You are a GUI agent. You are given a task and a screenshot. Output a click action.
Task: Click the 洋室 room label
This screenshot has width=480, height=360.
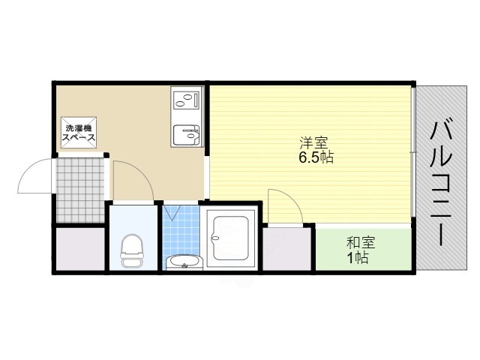[314, 142]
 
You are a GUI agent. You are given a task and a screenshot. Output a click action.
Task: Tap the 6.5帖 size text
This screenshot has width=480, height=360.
[314, 157]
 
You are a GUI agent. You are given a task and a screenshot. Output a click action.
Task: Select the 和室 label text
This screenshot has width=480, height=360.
[360, 242]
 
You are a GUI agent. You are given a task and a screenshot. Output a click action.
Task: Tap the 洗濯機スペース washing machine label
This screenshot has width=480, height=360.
[78, 133]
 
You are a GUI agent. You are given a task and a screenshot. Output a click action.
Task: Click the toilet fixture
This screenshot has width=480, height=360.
[132, 250]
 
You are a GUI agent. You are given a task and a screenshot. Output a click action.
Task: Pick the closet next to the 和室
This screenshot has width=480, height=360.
[287, 249]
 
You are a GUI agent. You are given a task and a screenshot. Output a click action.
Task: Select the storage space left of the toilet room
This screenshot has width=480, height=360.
[79, 249]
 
